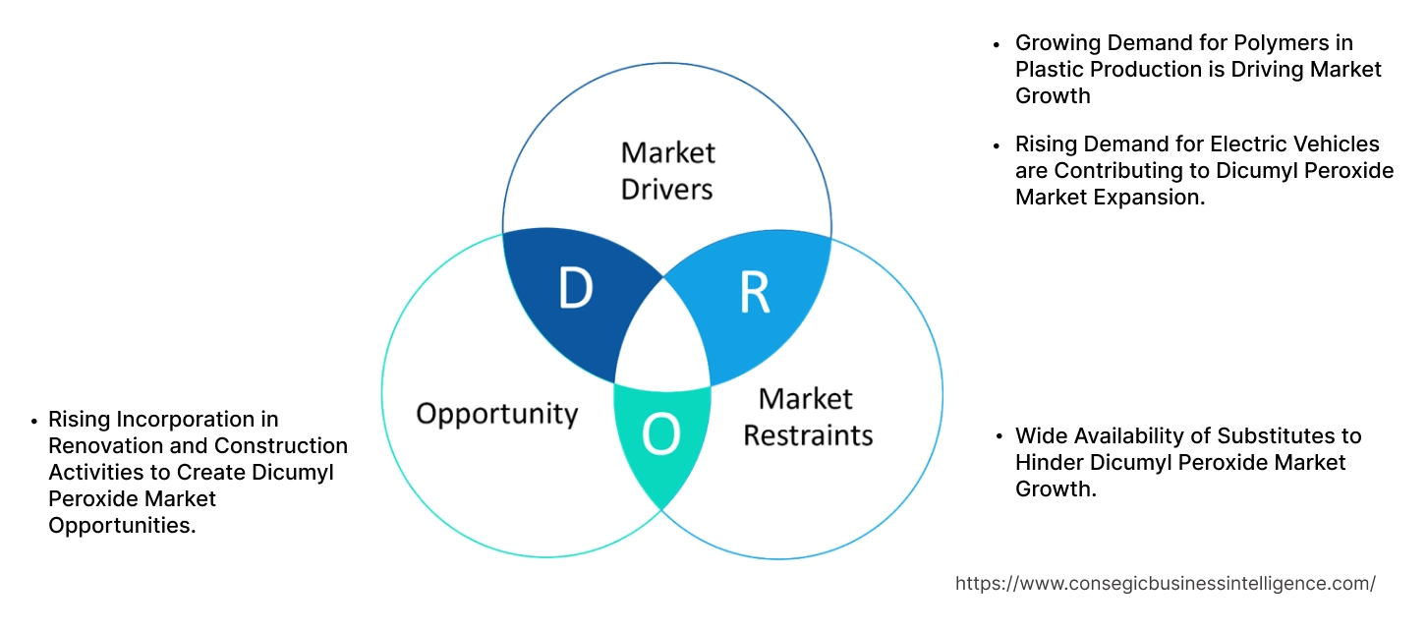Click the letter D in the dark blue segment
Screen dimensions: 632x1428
[x=575, y=289]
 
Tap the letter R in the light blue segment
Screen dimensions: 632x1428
[x=754, y=292]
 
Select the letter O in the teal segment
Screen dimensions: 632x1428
[x=660, y=435]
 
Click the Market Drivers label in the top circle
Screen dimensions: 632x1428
[x=667, y=170]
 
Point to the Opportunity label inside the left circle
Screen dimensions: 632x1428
[x=496, y=413]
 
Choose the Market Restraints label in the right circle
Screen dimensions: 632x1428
[x=807, y=417]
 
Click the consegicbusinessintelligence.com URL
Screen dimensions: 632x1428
[x=1165, y=583]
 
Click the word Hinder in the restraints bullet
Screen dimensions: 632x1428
[x=1047, y=462]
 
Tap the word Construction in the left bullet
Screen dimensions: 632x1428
[x=292, y=446]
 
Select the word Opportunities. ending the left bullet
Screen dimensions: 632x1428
[x=122, y=526]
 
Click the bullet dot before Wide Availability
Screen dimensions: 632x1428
[x=999, y=436]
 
